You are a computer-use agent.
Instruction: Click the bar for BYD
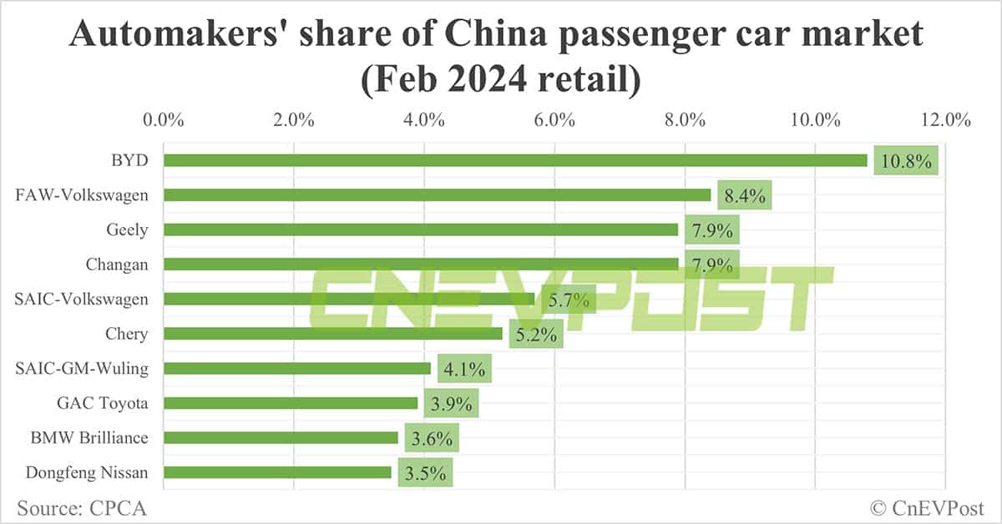pos(515,160)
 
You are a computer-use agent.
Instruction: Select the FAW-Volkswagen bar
pos(437,195)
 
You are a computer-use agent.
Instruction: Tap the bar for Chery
pos(333,334)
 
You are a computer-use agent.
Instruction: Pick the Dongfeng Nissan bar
pos(277,472)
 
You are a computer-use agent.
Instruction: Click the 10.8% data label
pos(907,160)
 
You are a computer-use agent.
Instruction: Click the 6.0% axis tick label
pos(554,120)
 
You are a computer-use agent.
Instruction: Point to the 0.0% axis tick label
pos(163,120)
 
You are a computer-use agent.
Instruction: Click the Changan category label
pos(117,265)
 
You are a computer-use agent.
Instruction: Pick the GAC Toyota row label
pos(102,403)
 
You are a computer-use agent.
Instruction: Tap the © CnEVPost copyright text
pos(927,506)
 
